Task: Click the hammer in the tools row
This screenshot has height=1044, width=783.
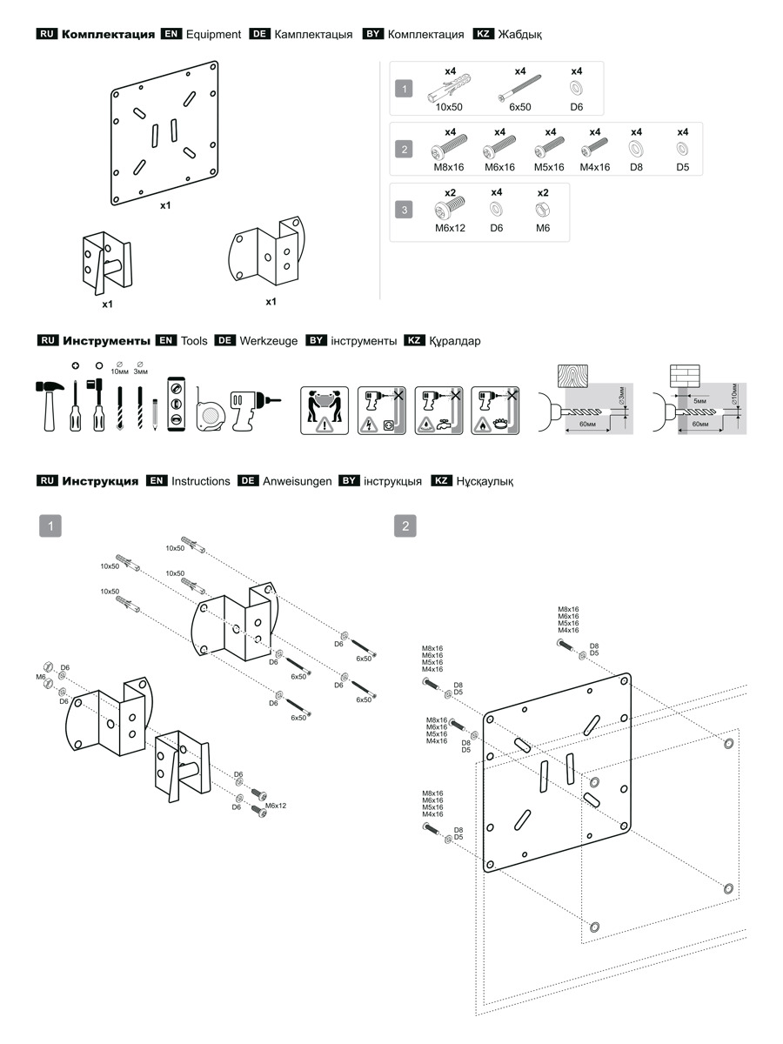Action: [x=50, y=402]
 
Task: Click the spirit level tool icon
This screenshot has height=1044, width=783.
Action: [x=176, y=403]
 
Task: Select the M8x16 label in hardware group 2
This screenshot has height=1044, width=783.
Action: [x=450, y=167]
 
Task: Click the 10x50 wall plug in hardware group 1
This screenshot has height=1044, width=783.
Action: [x=449, y=90]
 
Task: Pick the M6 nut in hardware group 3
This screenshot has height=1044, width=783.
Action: [x=543, y=210]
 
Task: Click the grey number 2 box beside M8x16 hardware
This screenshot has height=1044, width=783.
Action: [x=405, y=149]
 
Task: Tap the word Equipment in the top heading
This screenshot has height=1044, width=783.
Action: [x=213, y=35]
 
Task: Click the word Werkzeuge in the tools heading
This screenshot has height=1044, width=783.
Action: [x=268, y=341]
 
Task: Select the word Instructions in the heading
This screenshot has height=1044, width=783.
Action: [x=201, y=481]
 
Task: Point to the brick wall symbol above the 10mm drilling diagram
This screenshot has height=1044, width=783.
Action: [x=684, y=375]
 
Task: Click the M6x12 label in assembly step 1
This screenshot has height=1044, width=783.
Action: [x=276, y=806]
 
